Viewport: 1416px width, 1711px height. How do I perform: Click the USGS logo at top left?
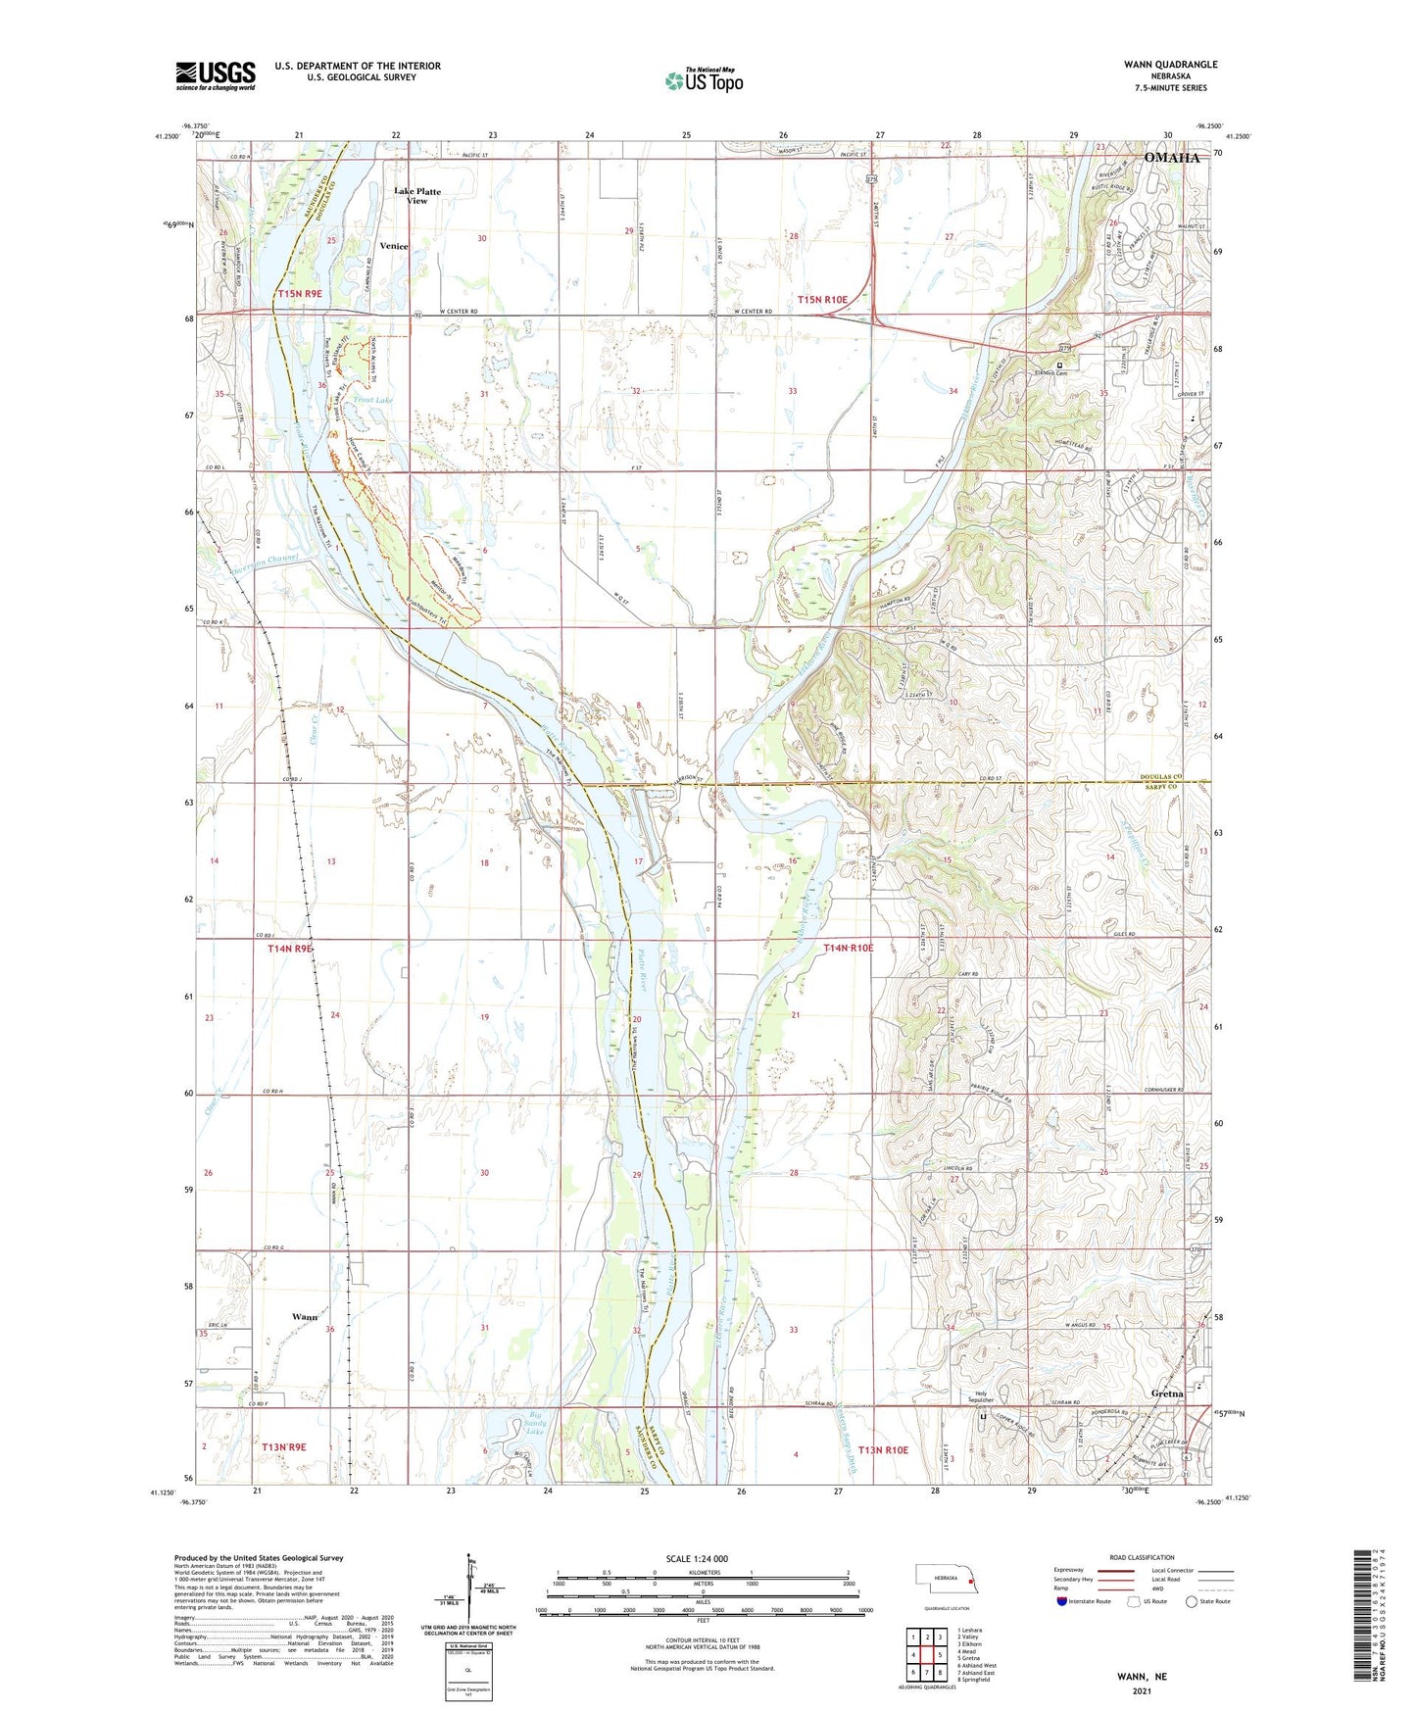pyautogui.click(x=216, y=74)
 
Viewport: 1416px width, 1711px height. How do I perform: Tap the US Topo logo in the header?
pyautogui.click(x=703, y=81)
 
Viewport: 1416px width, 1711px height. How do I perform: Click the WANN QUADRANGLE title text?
pyautogui.click(x=1171, y=65)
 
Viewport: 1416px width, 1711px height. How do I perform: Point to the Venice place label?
pyautogui.click(x=394, y=247)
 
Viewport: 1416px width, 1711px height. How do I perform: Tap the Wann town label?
pyautogui.click(x=305, y=1317)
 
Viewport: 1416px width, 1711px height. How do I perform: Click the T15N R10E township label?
pyautogui.click(x=822, y=299)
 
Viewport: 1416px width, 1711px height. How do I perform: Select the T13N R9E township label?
pyautogui.click(x=284, y=1447)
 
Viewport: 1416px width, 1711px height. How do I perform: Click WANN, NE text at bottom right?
pyautogui.click(x=1142, y=1677)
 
